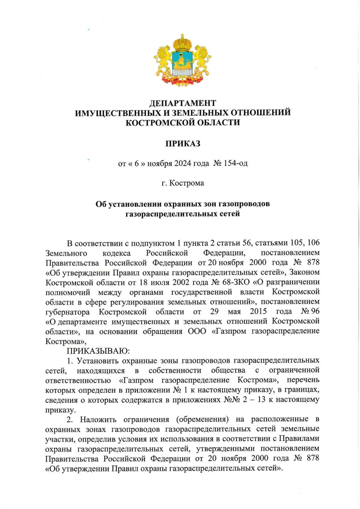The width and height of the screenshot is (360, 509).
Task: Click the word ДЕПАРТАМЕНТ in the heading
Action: pyautogui.click(x=183, y=103)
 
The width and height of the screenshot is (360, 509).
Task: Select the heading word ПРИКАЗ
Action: pyautogui.click(x=183, y=143)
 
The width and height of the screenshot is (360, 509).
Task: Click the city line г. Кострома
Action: pyautogui.click(x=183, y=183)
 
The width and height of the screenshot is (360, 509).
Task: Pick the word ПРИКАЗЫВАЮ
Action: pyautogui.click(x=98, y=351)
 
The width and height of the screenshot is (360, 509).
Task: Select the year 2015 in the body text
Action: pyautogui.click(x=258, y=311)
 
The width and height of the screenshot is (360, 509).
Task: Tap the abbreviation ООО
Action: pyautogui.click(x=197, y=331)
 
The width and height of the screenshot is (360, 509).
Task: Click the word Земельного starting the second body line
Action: pyautogui.click(x=66, y=253)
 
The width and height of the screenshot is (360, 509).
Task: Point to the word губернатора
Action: pyautogui.click(x=67, y=312)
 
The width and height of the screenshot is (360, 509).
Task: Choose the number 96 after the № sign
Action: pyautogui.click(x=315, y=311)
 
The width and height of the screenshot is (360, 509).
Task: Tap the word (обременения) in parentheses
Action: pyautogui.click(x=203, y=419)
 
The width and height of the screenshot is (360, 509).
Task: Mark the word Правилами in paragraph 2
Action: pyautogui.click(x=299, y=438)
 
